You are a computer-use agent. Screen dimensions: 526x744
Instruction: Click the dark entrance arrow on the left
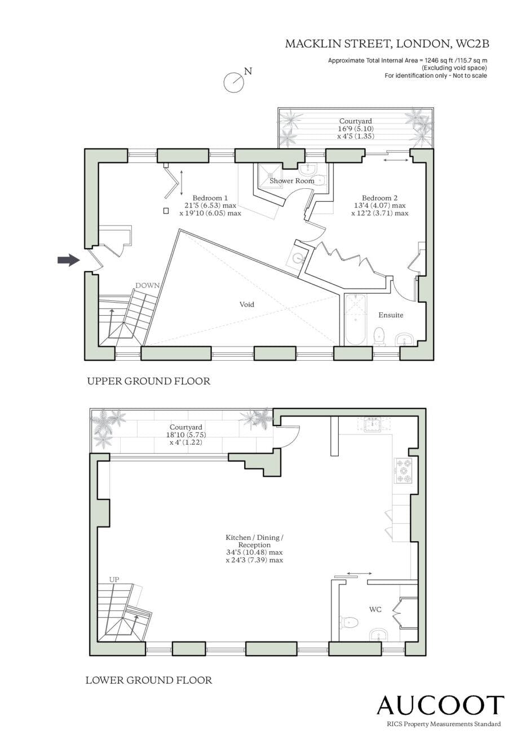69,260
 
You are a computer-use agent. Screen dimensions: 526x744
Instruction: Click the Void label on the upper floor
247,304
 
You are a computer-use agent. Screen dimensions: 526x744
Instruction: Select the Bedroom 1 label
210,198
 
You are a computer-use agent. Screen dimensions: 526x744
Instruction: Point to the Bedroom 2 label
379,198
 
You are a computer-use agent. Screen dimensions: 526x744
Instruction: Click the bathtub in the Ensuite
356,320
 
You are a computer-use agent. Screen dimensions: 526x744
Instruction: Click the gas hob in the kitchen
403,470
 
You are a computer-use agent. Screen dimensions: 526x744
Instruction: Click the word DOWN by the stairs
148,286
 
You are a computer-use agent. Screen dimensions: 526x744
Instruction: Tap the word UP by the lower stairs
114,579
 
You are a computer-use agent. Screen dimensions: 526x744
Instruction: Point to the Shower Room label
291,181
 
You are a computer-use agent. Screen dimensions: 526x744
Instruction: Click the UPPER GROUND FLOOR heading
148,381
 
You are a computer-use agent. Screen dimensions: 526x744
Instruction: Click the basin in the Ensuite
404,340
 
